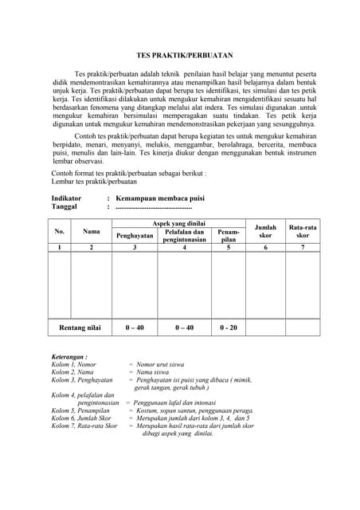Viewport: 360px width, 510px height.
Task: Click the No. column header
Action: pos(59,231)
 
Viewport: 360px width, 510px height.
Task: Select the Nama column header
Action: pos(92,231)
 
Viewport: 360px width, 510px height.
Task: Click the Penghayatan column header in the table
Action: pos(135,235)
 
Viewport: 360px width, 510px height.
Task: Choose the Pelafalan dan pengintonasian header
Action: pos(185,235)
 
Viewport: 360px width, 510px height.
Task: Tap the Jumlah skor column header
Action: pos(265,231)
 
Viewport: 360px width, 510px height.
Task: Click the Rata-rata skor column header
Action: pos(303,231)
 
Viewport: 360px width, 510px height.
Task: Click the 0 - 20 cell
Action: pos(229,328)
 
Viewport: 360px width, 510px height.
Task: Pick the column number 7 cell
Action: pos(303,248)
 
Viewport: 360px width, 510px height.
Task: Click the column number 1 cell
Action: pos(59,248)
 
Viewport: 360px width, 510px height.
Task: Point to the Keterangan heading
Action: pos(70,357)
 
